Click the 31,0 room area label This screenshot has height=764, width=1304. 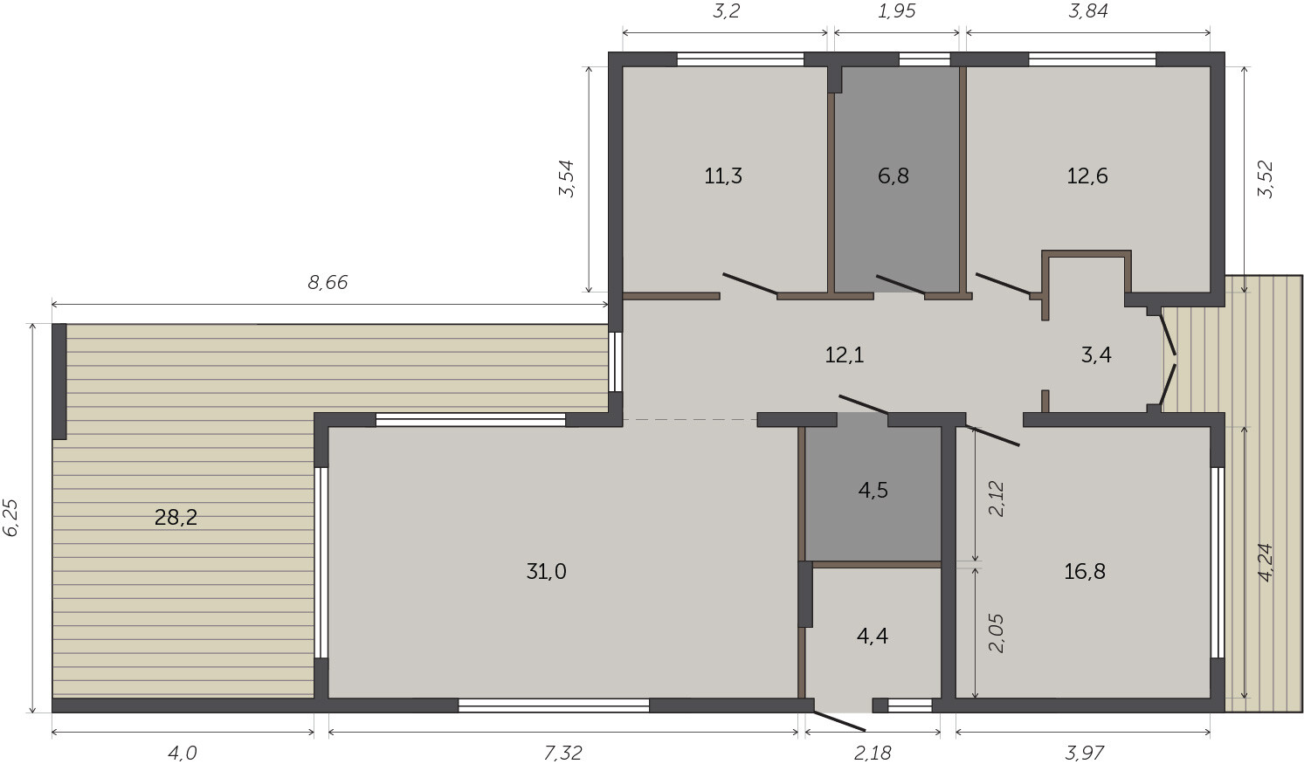(546, 571)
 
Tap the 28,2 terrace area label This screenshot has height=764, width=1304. (176, 517)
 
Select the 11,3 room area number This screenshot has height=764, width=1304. (723, 176)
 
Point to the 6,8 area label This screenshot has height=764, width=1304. (893, 176)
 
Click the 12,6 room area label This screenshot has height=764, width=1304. (1087, 176)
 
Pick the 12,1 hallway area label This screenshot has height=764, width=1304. (844, 354)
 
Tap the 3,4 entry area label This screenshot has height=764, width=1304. (1096, 354)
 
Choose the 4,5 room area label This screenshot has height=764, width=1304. (873, 490)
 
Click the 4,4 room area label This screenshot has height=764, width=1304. (872, 636)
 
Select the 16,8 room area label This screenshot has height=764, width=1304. (1085, 571)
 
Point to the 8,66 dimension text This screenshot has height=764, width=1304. (328, 282)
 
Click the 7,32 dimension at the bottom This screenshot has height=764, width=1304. (562, 753)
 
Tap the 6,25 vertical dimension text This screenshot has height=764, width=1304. (11, 517)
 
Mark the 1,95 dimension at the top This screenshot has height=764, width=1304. (896, 10)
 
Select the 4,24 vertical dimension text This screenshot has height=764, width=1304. (1266, 562)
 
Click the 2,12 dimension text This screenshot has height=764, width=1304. (997, 498)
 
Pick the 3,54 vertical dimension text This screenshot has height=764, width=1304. (567, 179)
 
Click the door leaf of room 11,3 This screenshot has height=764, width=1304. (749, 284)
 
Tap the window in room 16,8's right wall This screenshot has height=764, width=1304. (1218, 562)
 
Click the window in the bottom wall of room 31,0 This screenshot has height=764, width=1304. (554, 705)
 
